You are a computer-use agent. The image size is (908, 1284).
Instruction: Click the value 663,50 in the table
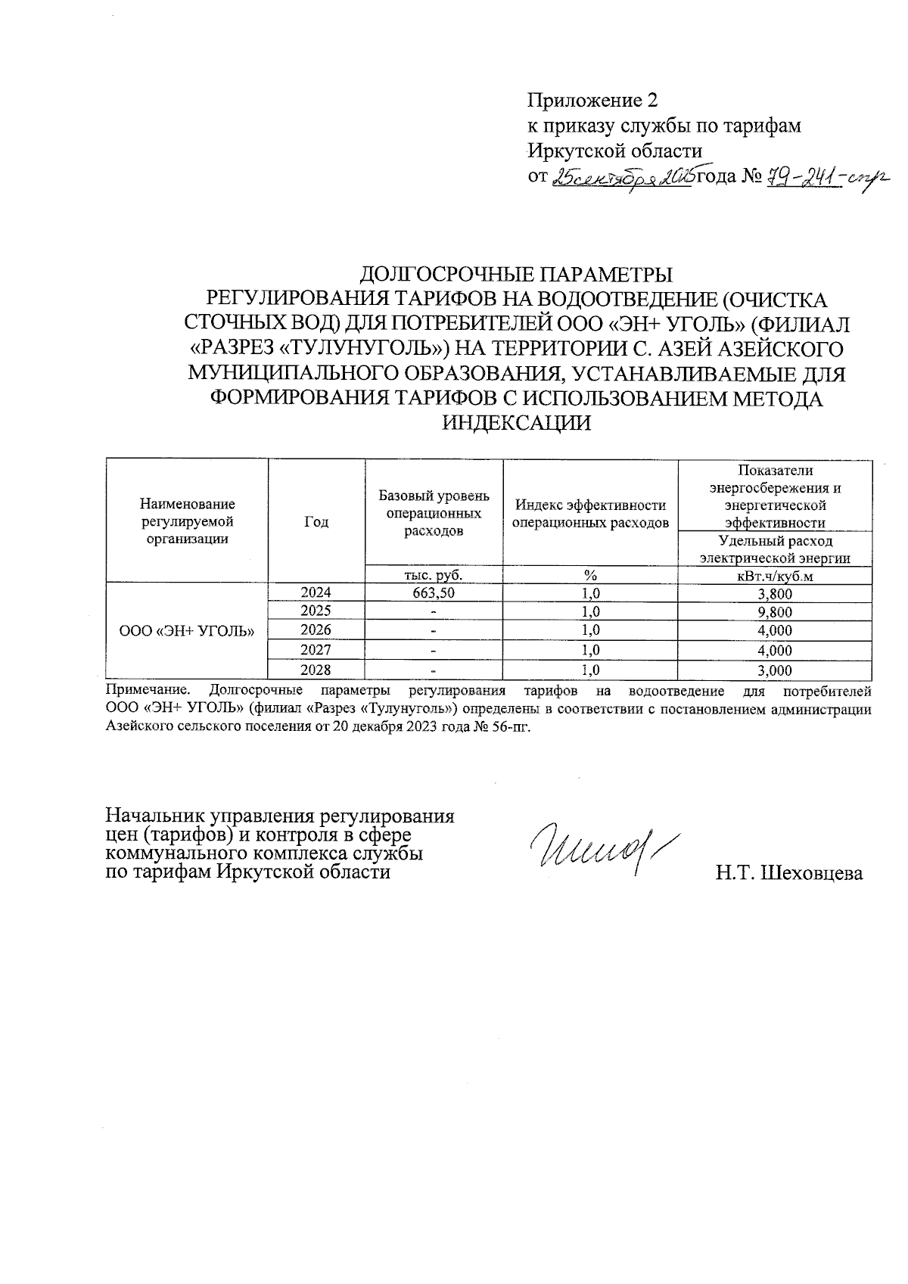click(433, 592)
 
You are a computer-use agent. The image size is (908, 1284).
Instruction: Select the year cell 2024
click(316, 592)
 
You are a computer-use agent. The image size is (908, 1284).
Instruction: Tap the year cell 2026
click(316, 630)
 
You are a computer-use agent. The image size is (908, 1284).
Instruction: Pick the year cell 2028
click(316, 670)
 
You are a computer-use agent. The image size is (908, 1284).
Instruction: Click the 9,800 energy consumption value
click(775, 612)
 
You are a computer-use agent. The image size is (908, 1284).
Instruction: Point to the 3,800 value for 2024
click(775, 593)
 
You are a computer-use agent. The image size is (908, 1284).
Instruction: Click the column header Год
click(316, 521)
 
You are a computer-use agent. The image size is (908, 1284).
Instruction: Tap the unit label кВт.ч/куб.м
click(775, 576)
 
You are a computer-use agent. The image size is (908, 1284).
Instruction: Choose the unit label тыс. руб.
click(433, 575)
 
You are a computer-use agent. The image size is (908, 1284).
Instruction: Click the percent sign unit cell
click(590, 575)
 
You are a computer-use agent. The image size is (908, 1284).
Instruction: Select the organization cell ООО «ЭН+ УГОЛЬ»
click(187, 630)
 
